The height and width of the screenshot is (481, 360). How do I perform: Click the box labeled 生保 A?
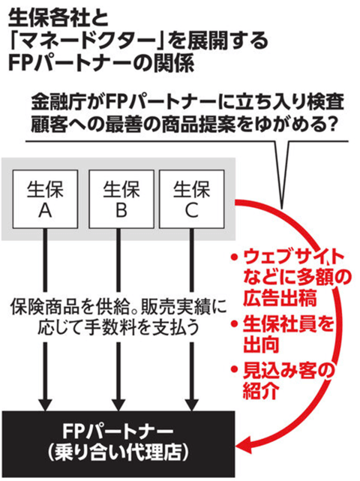45,200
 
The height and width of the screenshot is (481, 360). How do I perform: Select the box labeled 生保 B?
121,200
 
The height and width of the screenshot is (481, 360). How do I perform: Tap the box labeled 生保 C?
192,200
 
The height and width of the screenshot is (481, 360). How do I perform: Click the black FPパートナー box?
118,444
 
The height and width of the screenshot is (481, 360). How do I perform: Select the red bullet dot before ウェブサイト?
235,257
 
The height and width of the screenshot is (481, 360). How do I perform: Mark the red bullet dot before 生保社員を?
235,323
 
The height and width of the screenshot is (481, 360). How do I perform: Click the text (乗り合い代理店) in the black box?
118,453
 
